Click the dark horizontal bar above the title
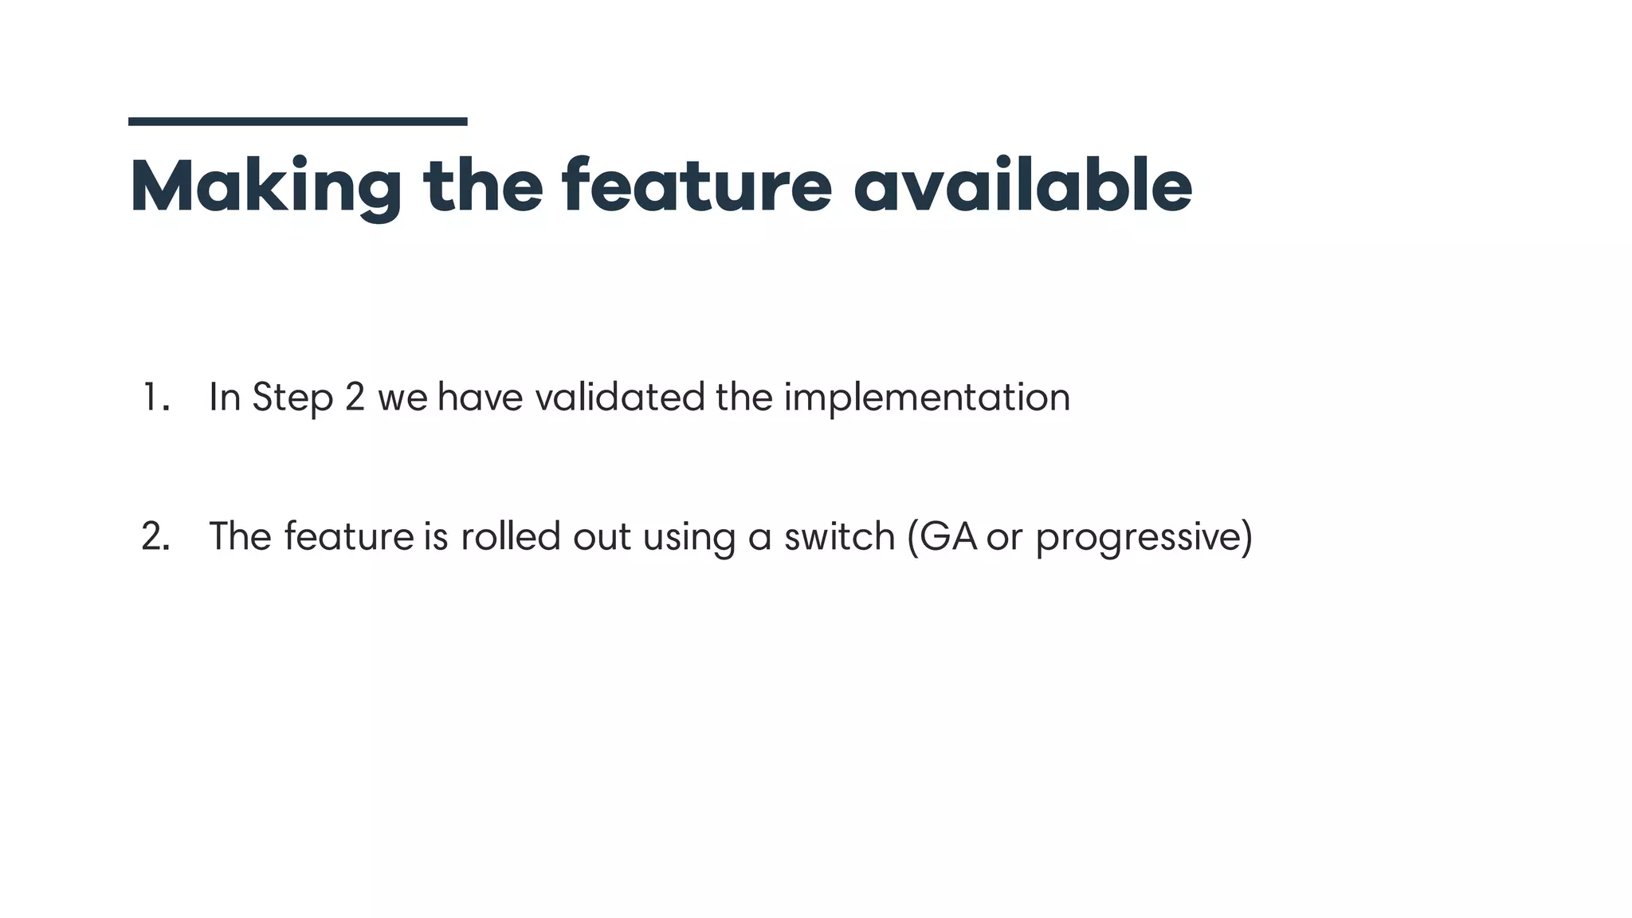[x=297, y=122]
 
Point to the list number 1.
[x=155, y=398]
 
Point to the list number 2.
[x=155, y=537]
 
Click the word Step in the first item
[x=292, y=398]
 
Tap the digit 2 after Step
[x=355, y=398]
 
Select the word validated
[x=620, y=398]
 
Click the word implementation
[x=927, y=398]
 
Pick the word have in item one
[x=481, y=398]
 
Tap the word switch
[x=840, y=536]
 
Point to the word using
[x=688, y=538]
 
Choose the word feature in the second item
[x=349, y=536]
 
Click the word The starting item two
[x=241, y=536]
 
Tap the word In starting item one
[x=225, y=398]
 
